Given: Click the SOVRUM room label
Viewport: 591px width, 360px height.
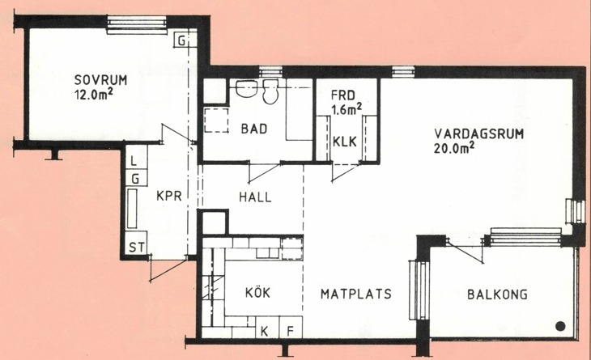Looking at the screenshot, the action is point(100,80).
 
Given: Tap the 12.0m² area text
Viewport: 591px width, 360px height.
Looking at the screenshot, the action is point(94,94).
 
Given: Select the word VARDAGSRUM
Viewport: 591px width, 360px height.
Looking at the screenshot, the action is point(478,134).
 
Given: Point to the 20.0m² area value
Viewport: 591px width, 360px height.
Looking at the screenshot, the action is point(454,147).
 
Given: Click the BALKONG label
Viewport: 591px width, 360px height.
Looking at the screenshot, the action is point(498,294).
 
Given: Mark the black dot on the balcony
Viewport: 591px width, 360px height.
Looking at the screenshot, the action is point(560,326).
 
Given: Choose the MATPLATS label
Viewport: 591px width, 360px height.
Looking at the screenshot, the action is point(356,294).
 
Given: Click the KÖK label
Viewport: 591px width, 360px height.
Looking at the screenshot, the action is point(257,292).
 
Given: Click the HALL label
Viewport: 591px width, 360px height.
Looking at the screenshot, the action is point(255,197).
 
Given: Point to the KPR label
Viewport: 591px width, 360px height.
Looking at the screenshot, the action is point(169,196).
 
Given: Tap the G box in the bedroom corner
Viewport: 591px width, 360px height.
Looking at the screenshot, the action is point(181,40).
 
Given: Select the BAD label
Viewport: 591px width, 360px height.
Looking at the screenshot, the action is point(254,129).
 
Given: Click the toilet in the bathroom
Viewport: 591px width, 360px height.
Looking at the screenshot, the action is point(270,92).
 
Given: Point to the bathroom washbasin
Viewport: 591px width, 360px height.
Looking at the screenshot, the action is point(246,88).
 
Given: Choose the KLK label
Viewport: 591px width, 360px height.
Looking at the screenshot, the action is point(345,142).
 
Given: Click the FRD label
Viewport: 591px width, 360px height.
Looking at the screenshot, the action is point(343,95).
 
